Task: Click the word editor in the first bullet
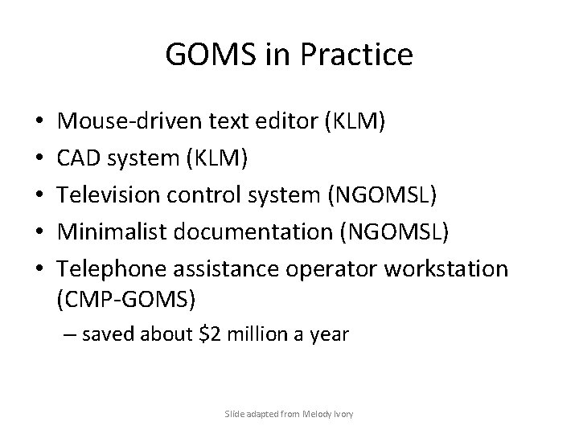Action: point(279,122)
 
